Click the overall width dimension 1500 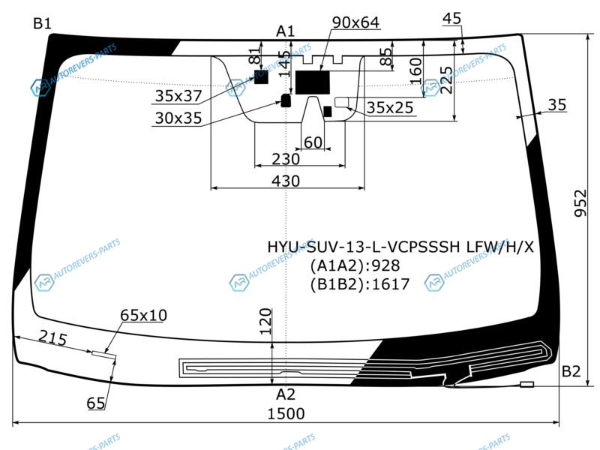(x=286, y=414)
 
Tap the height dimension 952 (x=580, y=202)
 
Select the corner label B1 (x=42, y=24)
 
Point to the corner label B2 (x=571, y=371)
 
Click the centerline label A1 (x=286, y=31)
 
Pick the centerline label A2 (x=286, y=394)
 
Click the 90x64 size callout (x=355, y=22)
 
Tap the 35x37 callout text (x=178, y=96)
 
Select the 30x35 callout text (x=178, y=118)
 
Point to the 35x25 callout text (x=390, y=108)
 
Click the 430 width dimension (x=286, y=181)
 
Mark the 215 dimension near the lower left (x=52, y=339)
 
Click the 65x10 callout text (x=143, y=316)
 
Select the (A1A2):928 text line (x=355, y=265)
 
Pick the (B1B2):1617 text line (x=360, y=284)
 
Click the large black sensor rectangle (x=313, y=82)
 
